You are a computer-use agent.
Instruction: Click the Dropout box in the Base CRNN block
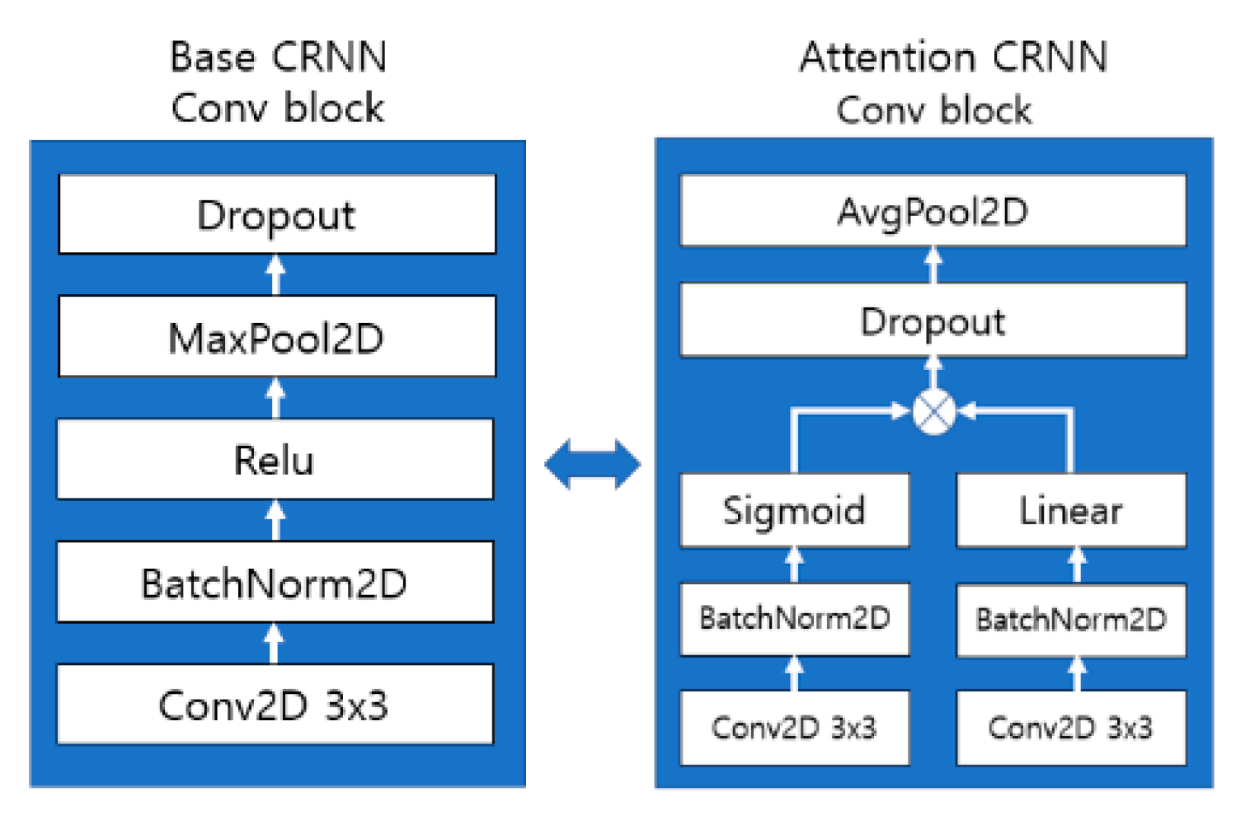point(277,214)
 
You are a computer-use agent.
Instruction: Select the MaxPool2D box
point(277,336)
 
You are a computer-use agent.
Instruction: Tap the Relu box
point(275,459)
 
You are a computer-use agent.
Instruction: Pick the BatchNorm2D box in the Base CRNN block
point(275,582)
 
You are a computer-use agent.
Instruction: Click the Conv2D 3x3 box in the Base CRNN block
point(275,705)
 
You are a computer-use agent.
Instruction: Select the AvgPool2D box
point(933,211)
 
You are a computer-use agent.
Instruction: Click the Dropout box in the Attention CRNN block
point(933,320)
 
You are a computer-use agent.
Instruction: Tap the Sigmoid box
point(794,510)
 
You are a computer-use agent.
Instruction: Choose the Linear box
point(1070,510)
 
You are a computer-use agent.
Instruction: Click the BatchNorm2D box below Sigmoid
point(794,618)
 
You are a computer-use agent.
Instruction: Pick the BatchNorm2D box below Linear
point(1070,620)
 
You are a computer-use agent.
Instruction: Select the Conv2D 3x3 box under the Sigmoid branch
point(794,727)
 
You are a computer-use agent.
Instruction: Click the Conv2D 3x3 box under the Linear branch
point(1070,727)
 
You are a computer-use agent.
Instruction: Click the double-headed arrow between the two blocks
point(592,464)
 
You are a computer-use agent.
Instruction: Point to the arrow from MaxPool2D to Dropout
point(276,274)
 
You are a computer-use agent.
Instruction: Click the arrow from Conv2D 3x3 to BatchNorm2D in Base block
point(275,643)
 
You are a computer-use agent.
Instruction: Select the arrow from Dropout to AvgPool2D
point(933,265)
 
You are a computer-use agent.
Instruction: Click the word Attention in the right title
point(887,58)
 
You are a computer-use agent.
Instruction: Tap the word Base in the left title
point(212,58)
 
